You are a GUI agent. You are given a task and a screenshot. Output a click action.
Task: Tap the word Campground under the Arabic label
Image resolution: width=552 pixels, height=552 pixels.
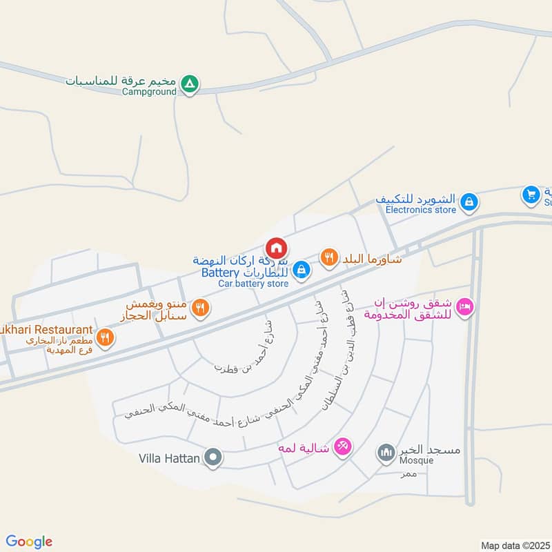pos(150,92)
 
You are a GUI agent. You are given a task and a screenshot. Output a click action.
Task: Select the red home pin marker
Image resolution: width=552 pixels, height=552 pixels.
pos(276,248)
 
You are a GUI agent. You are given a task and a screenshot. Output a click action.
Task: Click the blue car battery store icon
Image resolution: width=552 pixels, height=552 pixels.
pos(300,272)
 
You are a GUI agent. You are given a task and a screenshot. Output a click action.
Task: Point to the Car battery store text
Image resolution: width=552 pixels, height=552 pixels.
pos(253,284)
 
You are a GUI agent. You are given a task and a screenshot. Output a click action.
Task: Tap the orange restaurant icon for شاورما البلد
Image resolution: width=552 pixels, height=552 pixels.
pos(329,258)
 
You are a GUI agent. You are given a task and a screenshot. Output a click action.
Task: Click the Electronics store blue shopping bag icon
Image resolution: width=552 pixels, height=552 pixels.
pos(469,202)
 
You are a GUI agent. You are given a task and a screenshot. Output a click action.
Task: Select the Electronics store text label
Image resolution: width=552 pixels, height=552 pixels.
pos(421,210)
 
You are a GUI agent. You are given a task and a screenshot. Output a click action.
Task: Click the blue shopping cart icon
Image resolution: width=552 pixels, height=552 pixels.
pos(531,195)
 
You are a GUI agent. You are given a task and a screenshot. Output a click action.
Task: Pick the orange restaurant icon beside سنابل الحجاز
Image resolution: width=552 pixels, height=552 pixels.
pos(200,308)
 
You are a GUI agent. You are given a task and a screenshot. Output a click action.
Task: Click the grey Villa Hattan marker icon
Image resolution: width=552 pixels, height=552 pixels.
pos(214,457)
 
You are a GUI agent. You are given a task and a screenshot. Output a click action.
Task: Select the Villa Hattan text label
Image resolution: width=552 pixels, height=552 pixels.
pos(169,457)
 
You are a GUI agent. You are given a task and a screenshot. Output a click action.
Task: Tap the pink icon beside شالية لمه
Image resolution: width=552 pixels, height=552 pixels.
pos(342,447)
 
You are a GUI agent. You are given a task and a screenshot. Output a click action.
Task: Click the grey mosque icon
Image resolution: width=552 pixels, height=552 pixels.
pos(385,453)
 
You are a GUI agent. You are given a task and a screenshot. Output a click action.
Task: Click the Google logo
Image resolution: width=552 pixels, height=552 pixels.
pos(29,542)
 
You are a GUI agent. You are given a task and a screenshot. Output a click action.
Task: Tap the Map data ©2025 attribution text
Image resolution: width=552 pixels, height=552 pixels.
pos(513,545)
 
